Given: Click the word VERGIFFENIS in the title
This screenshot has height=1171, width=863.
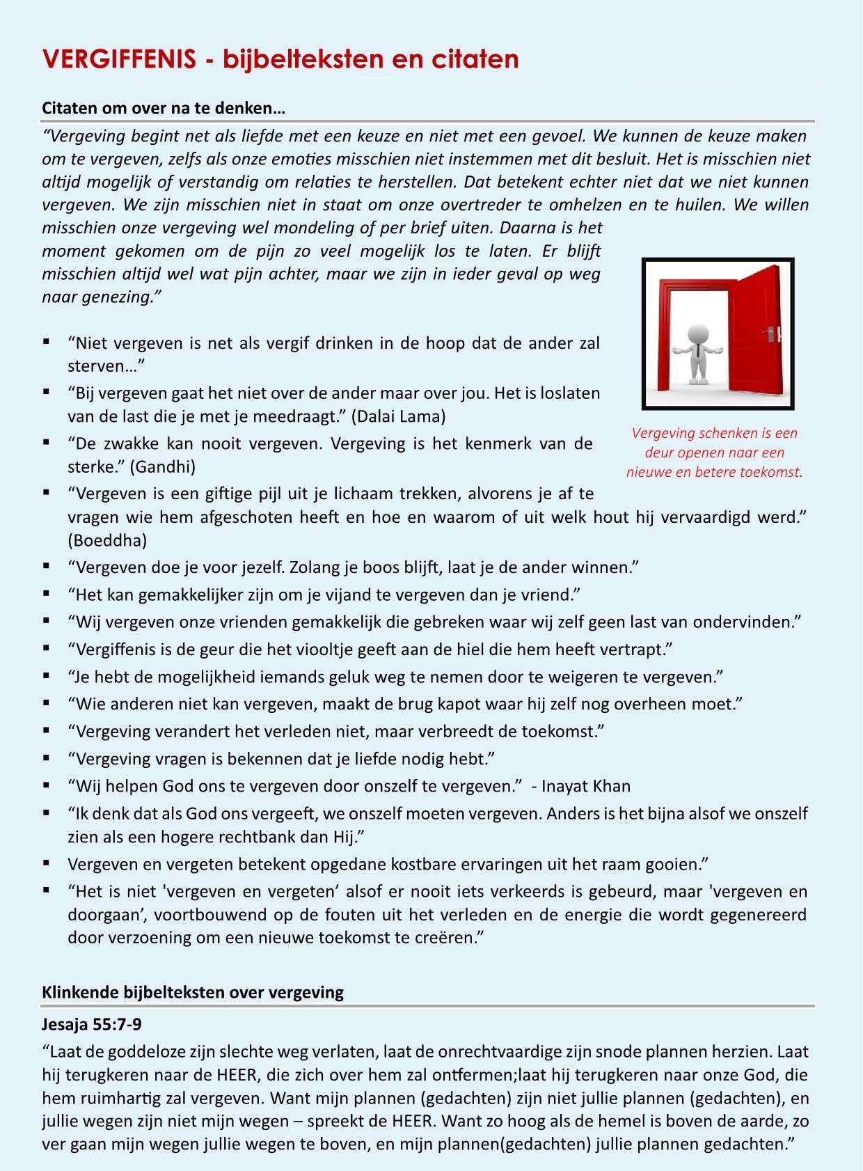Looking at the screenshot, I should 119,59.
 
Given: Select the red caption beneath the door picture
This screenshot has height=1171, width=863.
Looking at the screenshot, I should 715,453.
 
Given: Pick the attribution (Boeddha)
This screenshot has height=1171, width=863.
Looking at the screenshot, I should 107,540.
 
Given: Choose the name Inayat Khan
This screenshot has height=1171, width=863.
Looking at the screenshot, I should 586,787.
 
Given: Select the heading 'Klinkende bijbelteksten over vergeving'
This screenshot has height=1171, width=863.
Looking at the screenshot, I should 193,992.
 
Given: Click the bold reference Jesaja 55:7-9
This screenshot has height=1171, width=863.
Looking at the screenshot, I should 92,1024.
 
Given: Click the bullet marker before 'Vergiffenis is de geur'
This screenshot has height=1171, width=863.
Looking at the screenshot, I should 47,649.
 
